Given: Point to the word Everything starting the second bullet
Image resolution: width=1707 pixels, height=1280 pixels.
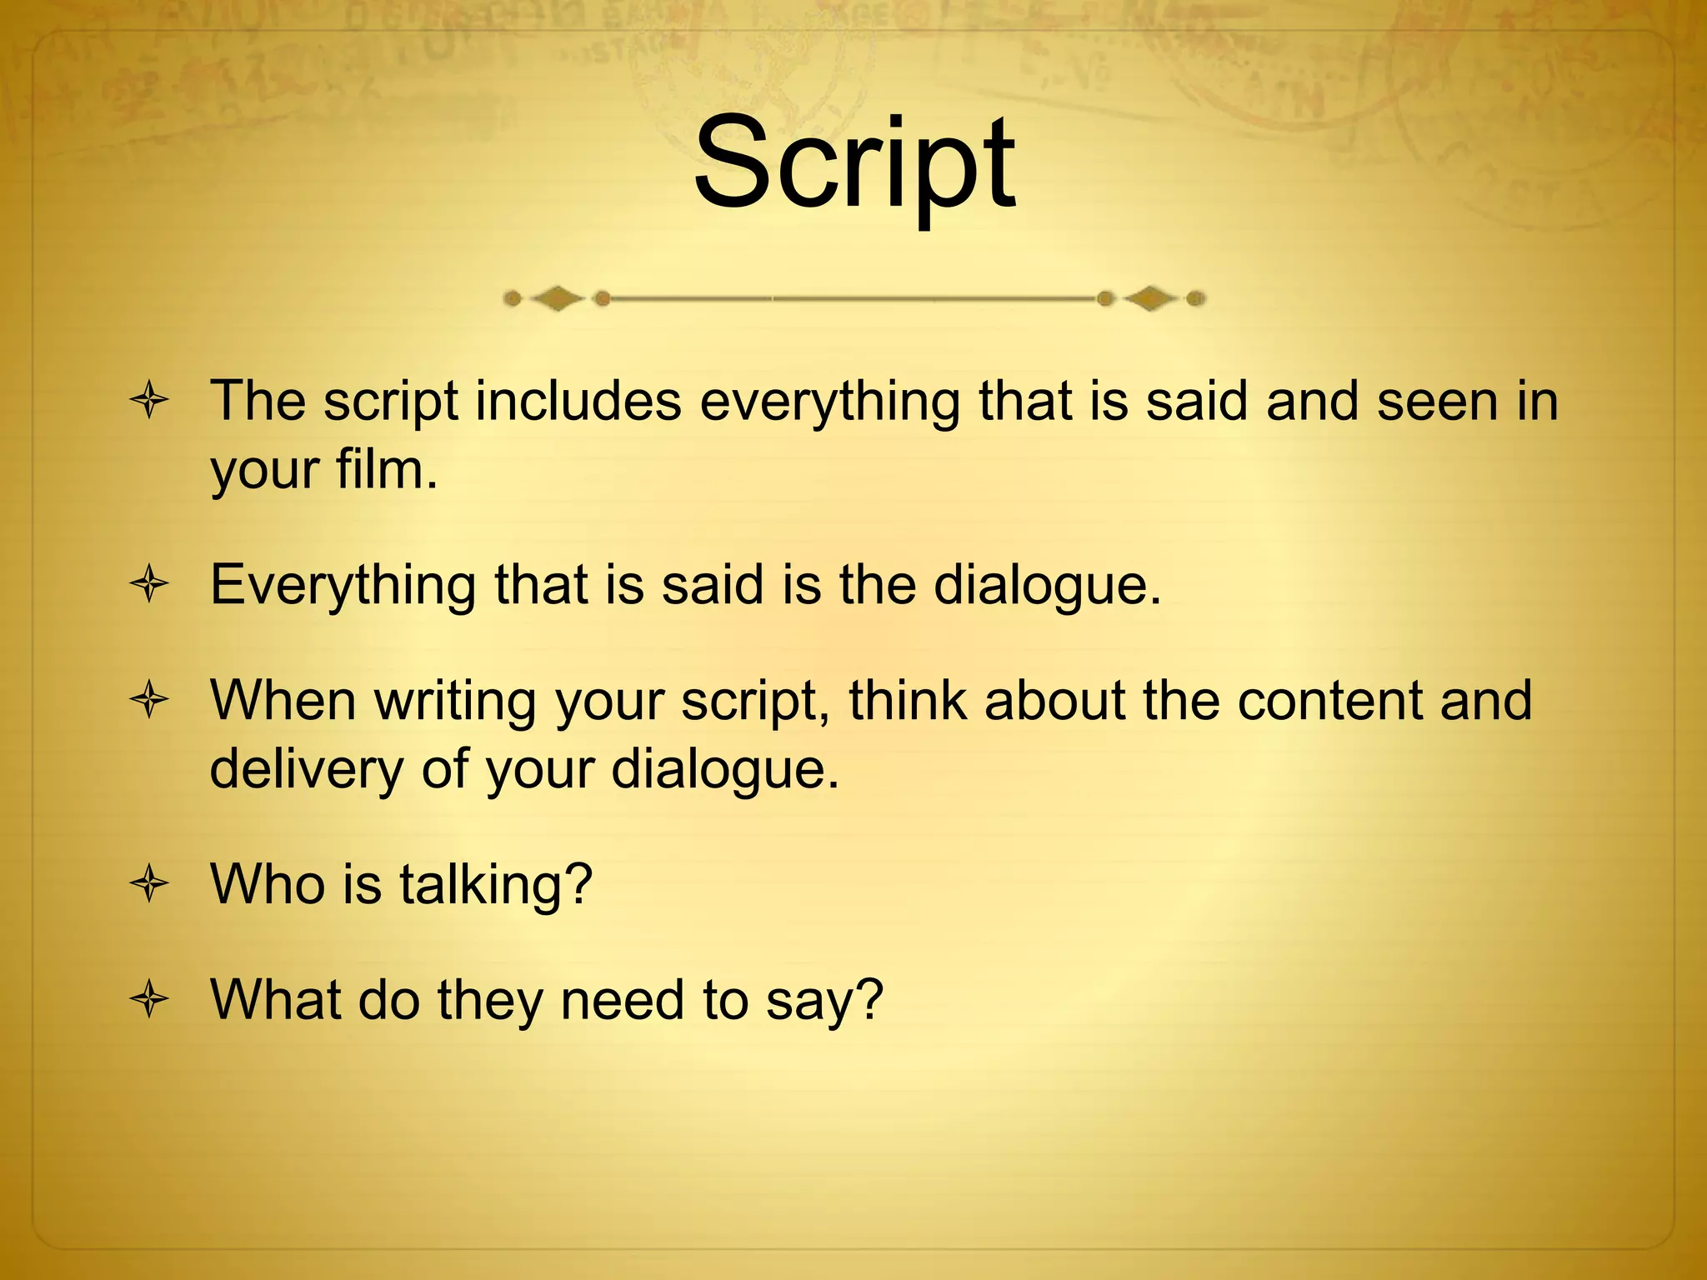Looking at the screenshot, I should pos(343,585).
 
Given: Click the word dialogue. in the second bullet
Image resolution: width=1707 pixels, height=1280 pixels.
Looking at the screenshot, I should pos(1047,585).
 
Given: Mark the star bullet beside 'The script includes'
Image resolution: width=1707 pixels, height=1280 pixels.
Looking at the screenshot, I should pos(150,402).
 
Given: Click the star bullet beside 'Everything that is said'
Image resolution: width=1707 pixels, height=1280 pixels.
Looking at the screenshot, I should pos(150,585).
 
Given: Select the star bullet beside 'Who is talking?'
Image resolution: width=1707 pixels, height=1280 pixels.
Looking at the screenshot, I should pos(150,884).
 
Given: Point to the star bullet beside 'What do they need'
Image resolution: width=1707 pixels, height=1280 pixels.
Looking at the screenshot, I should pos(150,999).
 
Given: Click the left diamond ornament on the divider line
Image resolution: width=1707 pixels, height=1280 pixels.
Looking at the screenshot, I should pos(557,298).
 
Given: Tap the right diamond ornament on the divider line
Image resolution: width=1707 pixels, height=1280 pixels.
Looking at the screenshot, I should pos(1151,298).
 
